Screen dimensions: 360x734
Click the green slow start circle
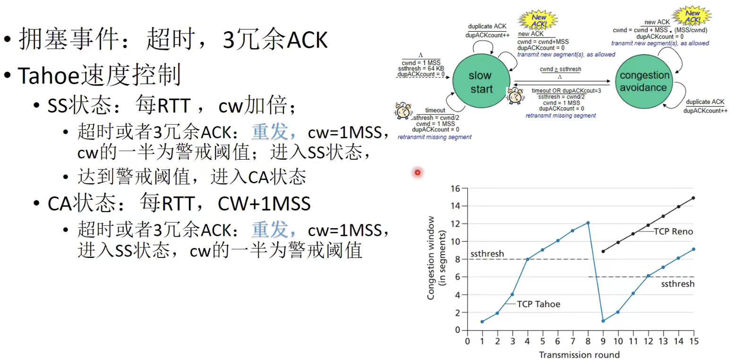(481, 82)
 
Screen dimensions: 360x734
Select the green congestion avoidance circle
(645, 81)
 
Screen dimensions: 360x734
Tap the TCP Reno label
(673, 231)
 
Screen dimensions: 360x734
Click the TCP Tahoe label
(538, 304)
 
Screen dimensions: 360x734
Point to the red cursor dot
(418, 173)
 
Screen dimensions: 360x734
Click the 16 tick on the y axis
(455, 189)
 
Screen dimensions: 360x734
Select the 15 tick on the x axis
(693, 341)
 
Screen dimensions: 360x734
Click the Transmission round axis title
(579, 354)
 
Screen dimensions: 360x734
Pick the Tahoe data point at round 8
(588, 223)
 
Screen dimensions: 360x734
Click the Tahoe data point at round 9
(603, 321)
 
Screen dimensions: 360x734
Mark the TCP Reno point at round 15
(693, 198)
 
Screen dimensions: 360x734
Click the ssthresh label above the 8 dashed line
(487, 254)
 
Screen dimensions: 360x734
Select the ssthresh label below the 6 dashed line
(677, 283)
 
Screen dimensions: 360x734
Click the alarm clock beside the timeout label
(403, 111)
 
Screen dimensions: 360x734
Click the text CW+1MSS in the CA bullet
(264, 204)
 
